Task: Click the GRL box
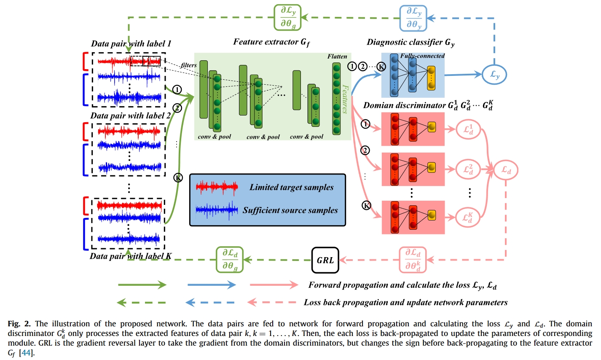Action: [325, 260]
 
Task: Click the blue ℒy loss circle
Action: [494, 75]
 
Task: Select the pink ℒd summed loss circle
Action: [506, 170]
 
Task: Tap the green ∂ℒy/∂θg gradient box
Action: [287, 18]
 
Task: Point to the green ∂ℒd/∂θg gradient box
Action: [230, 260]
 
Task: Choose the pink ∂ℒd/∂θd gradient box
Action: [413, 260]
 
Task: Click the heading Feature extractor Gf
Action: [271, 42]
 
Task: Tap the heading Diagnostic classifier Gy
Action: [410, 42]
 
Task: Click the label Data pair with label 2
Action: [131, 116]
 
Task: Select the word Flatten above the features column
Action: [337, 56]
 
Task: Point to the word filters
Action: [189, 65]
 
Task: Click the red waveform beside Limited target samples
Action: [217, 187]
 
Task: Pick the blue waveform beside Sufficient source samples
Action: [217, 210]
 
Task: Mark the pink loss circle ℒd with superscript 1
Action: [468, 129]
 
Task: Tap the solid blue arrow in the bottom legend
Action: [211, 285]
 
